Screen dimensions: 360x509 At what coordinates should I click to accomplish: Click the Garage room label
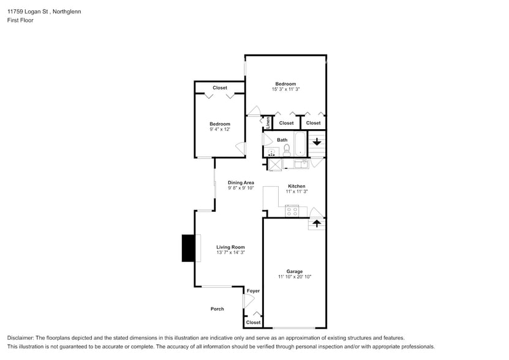[x=295, y=271]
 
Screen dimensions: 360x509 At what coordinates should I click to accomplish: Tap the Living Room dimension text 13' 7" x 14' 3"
[x=230, y=252]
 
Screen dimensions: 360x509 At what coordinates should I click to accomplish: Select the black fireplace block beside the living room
[x=189, y=248]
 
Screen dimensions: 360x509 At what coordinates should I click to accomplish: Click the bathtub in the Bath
[x=300, y=144]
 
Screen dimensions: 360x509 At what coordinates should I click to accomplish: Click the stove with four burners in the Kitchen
[x=292, y=211]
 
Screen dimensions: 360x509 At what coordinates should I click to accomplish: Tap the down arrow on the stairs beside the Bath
[x=317, y=142]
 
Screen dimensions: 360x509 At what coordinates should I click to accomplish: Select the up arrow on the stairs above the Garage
[x=317, y=223]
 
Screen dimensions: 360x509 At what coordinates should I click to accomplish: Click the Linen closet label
[x=268, y=122]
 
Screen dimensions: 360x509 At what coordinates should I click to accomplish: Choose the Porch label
[x=217, y=309]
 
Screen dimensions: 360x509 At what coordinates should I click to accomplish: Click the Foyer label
[x=253, y=291]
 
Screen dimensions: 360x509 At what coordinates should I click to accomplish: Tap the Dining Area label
[x=241, y=182]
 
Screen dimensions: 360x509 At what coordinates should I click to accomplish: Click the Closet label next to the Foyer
[x=253, y=322]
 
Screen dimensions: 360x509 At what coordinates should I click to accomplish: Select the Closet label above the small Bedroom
[x=220, y=88]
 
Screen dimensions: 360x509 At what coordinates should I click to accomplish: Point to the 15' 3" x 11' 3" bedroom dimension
[x=285, y=89]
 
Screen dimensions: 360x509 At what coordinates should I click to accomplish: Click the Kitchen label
[x=296, y=186]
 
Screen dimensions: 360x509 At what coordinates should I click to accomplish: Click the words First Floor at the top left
[x=20, y=20]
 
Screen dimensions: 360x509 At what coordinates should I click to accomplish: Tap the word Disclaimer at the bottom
[x=20, y=338]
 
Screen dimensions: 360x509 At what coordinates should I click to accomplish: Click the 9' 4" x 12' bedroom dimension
[x=220, y=129]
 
